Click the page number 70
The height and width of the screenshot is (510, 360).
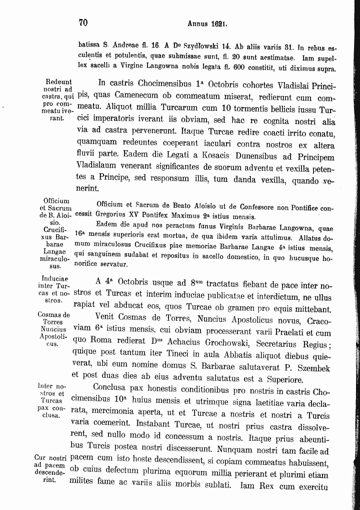83,23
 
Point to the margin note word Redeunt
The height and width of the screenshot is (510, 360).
58,82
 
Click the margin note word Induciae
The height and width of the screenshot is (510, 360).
55,279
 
